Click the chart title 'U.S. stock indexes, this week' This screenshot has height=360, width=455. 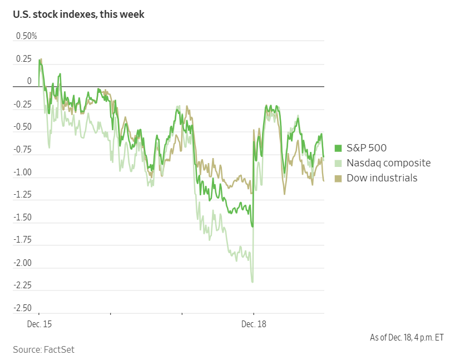click(78, 14)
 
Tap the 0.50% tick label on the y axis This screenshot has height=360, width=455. click(26, 36)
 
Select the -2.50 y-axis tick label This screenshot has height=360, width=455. click(23, 308)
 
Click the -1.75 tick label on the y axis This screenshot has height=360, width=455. click(23, 240)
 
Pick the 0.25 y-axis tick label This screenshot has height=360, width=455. click(24, 59)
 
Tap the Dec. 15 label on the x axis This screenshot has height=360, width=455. click(39, 324)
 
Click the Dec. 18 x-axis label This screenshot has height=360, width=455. click(253, 324)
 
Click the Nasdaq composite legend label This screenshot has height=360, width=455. click(388, 163)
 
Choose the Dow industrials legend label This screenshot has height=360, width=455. click(382, 178)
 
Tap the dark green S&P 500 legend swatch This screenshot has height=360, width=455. click(338, 148)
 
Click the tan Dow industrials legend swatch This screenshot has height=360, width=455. click(338, 178)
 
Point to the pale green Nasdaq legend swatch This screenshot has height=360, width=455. click(338, 163)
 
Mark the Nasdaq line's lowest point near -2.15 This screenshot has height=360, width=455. click(253, 282)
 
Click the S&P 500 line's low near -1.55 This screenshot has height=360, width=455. click(253, 226)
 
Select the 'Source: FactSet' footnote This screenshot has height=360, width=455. click(43, 349)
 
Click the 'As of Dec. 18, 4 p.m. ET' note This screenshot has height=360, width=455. click(407, 337)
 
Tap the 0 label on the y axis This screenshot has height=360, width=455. click(29, 82)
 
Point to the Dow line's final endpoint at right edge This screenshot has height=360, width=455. click(324, 180)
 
